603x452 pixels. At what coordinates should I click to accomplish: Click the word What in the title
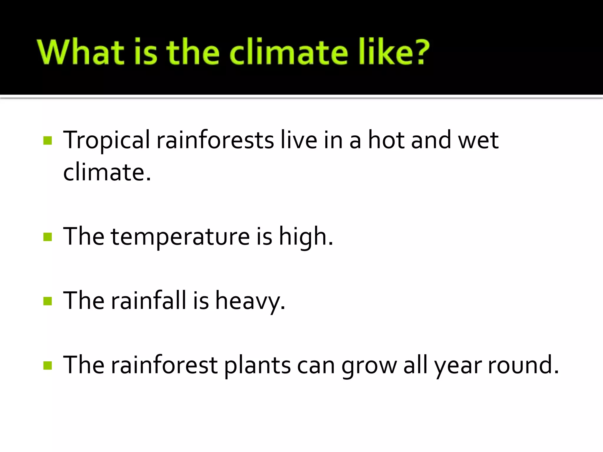tap(80, 52)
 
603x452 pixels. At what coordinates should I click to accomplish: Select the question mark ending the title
tap(419, 52)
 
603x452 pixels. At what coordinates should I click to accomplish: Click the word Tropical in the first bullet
tap(106, 141)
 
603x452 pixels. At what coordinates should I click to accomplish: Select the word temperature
tap(180, 237)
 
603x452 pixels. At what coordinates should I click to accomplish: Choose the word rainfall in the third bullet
tap(149, 300)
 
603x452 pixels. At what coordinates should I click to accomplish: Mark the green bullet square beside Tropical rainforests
tap(47, 141)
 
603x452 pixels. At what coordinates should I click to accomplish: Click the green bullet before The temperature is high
tap(47, 237)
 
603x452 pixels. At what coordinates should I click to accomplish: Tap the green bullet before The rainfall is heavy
tap(47, 301)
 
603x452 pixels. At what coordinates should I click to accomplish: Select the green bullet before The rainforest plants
tap(47, 365)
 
